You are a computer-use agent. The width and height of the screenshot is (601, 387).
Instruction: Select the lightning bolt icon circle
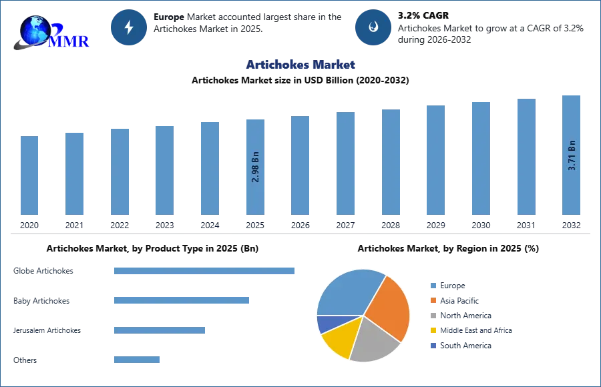pos(130,27)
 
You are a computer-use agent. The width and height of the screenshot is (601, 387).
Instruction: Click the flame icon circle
pos(373,27)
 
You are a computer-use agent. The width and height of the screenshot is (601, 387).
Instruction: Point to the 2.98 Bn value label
pos(256,167)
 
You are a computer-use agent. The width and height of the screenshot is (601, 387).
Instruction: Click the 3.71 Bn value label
pos(572,155)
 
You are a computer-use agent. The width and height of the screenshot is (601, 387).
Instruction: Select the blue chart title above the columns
pos(301,65)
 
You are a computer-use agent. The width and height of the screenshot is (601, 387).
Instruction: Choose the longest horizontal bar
pos(205,272)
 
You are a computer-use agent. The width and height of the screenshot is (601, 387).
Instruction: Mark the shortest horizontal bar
pos(136,358)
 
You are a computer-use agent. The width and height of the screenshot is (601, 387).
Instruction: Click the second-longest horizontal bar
pos(182,300)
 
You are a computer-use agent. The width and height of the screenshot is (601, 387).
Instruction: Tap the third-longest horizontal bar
pos(160,330)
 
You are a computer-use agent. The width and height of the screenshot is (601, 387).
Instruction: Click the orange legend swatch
pos(432,300)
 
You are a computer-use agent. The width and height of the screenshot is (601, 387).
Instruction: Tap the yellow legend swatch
pos(432,330)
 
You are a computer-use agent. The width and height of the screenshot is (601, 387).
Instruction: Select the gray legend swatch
pos(432,315)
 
